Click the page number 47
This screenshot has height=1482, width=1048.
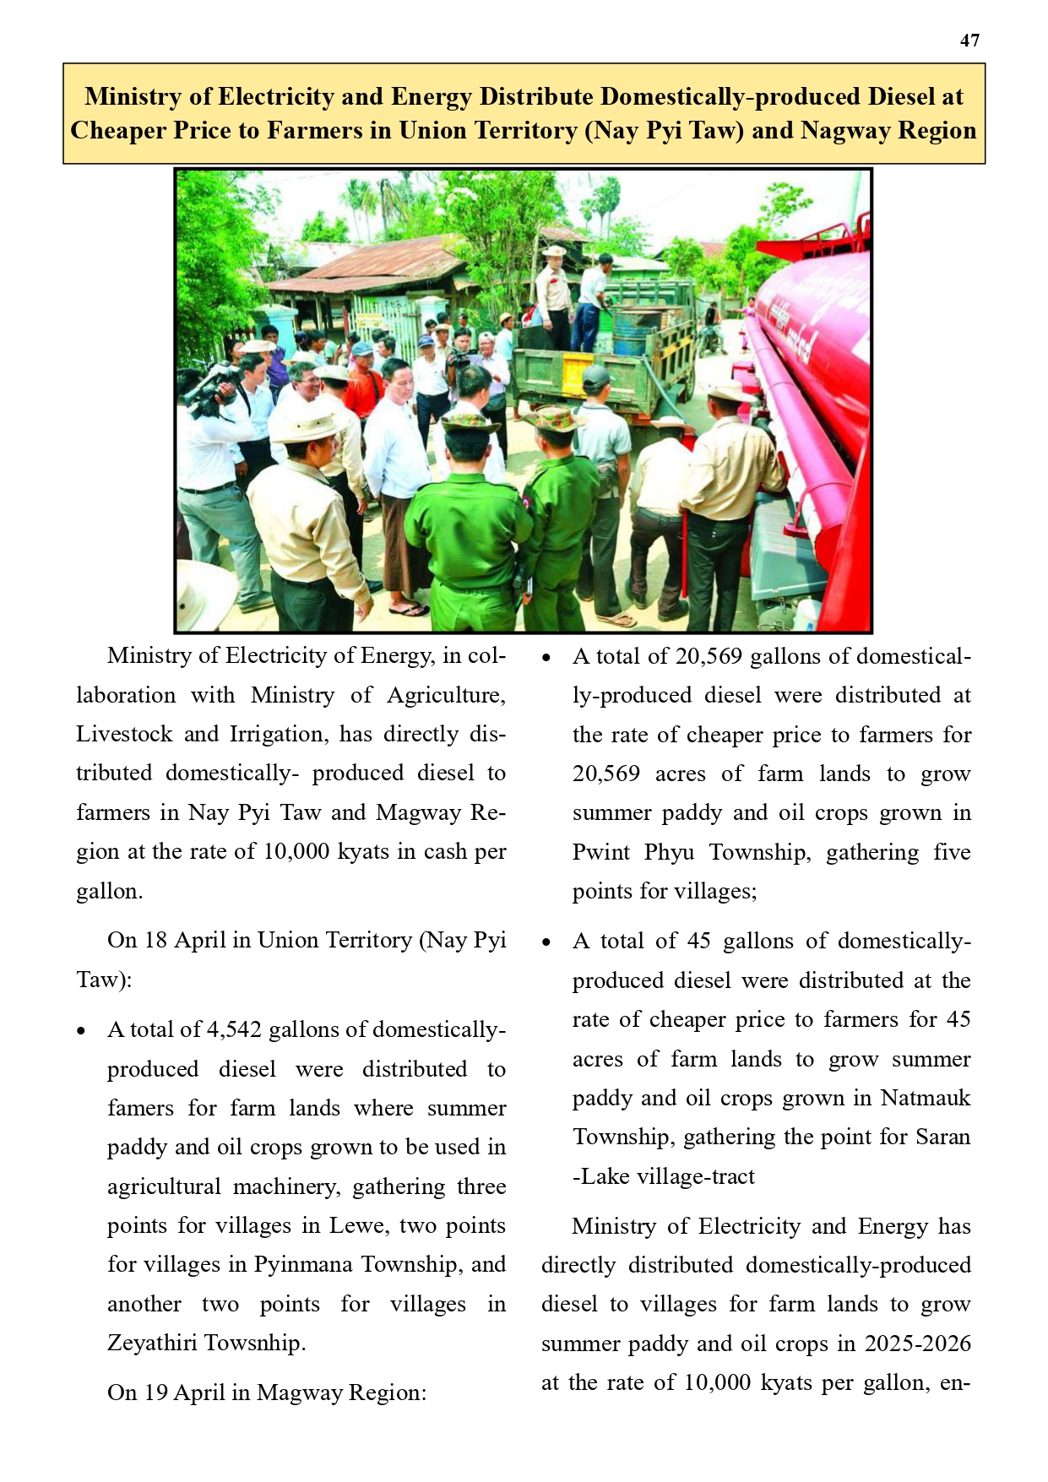coord(969,41)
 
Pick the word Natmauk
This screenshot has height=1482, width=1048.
coord(926,1098)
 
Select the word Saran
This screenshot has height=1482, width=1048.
coord(942,1137)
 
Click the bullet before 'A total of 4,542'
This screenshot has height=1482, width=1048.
coord(81,1031)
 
